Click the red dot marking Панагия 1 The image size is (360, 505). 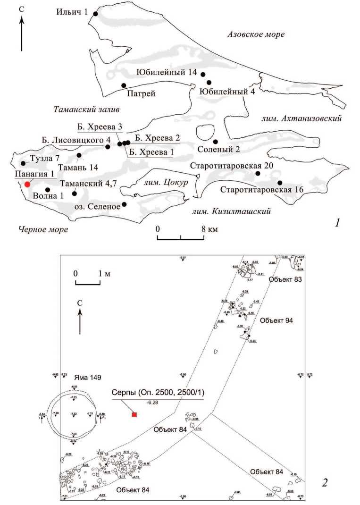28,184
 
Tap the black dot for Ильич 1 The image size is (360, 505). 96,14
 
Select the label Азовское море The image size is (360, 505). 256,34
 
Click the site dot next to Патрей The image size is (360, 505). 124,85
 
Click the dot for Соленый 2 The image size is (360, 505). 215,142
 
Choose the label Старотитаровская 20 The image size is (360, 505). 226,166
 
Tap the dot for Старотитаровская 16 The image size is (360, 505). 280,183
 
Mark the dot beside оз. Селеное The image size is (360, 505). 124,204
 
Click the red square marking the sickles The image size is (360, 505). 134,415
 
